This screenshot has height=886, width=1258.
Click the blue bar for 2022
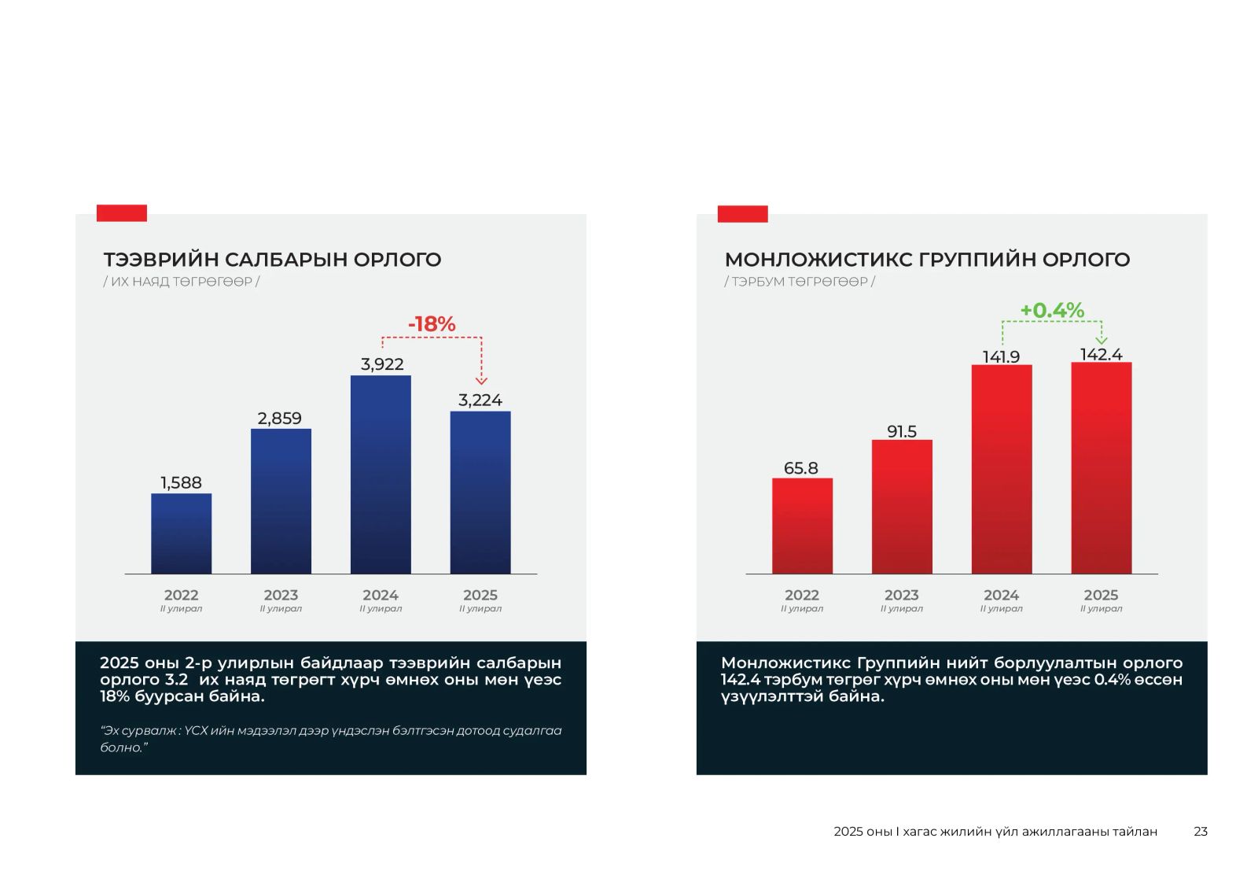(181, 533)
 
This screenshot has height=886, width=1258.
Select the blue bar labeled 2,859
(281, 501)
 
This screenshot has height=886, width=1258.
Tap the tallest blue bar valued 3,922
(381, 474)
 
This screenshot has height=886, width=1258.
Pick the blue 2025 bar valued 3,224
(480, 493)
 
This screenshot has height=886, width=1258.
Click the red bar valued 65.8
(802, 526)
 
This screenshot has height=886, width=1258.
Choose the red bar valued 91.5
(902, 507)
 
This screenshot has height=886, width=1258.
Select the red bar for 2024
(1002, 469)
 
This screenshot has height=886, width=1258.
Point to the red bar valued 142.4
(1101, 468)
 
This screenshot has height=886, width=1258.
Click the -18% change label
(432, 323)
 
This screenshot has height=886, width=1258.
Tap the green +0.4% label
(1052, 310)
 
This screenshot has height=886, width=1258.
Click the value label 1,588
(181, 482)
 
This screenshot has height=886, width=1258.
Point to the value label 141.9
(1001, 356)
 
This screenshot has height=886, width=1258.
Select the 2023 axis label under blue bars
(281, 596)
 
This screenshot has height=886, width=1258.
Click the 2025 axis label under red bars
(1101, 596)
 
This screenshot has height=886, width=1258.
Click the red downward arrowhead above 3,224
(481, 381)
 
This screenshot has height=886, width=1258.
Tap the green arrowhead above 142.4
(1102, 340)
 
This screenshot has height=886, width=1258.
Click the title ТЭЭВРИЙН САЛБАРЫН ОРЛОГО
(272, 260)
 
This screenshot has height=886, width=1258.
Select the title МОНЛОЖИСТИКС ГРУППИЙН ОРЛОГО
(927, 260)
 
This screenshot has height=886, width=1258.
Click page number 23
(1200, 831)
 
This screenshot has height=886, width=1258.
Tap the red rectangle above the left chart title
(122, 212)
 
